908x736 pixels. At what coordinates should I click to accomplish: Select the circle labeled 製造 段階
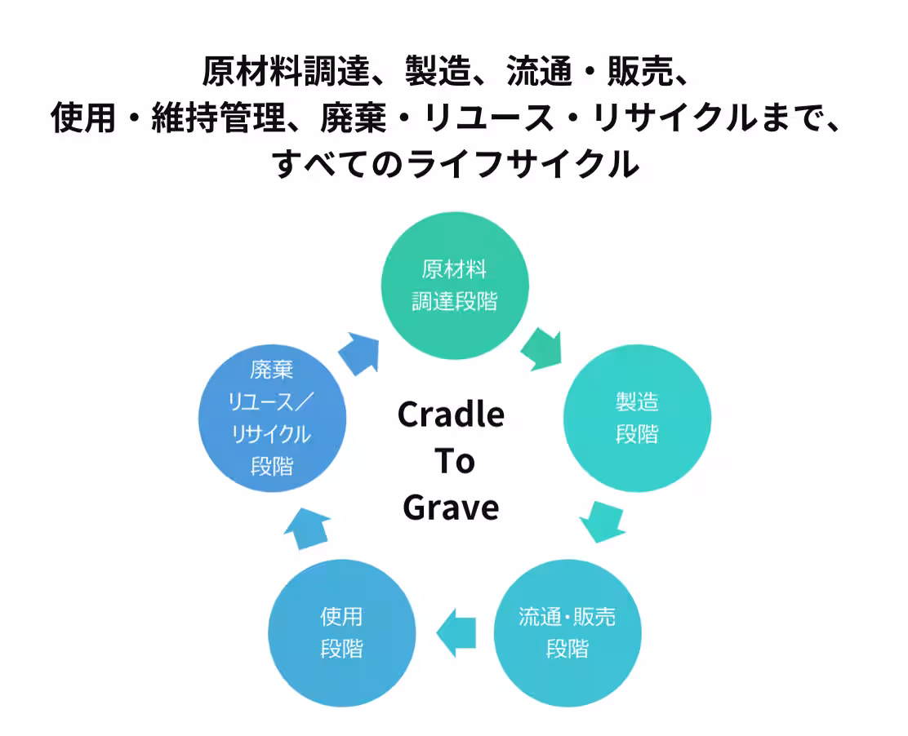[637, 418]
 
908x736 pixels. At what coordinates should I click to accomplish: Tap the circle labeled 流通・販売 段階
[567, 632]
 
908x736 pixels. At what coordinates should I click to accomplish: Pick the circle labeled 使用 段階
[341, 632]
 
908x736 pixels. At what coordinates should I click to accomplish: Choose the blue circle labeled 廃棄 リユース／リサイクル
[272, 418]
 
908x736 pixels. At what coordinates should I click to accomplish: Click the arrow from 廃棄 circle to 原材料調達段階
[360, 353]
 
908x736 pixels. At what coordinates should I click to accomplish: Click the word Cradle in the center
[451, 415]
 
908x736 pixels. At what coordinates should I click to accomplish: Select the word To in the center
[454, 461]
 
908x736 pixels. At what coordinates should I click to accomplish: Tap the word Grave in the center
[451, 508]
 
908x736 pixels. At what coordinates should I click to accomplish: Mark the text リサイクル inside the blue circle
[272, 434]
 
